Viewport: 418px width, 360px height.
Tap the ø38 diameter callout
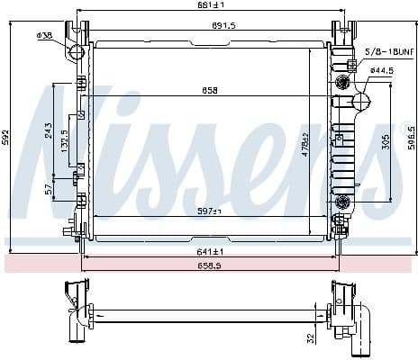[x=43, y=35]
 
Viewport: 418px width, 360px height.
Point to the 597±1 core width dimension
[x=209, y=211]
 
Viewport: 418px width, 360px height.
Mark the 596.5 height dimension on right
[x=412, y=140]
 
